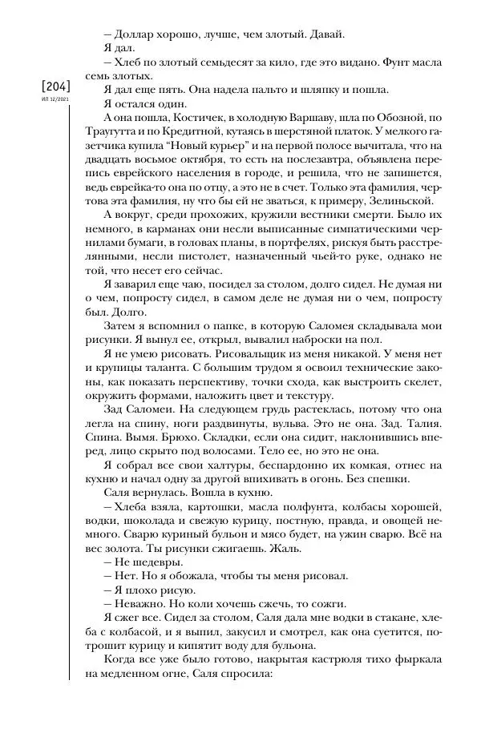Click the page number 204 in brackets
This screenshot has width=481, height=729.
click(x=51, y=87)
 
